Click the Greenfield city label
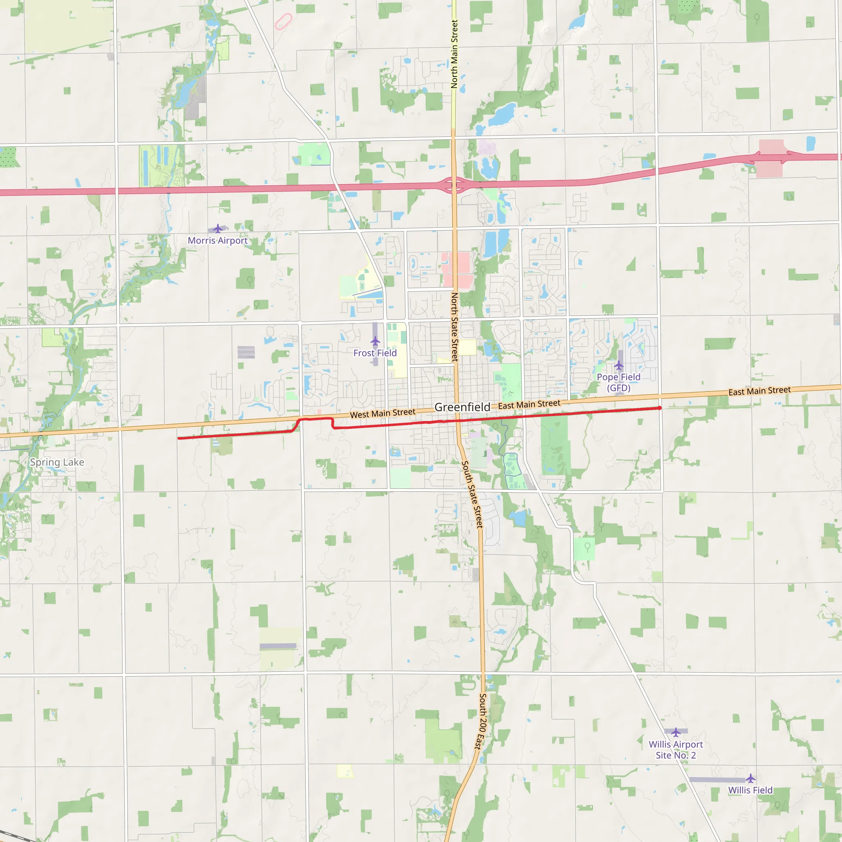[462, 407]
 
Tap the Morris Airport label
[217, 241]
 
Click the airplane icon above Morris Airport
[217, 228]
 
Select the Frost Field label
[375, 353]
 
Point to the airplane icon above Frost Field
[375, 341]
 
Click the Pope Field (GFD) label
[618, 382]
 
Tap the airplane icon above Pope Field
[618, 365]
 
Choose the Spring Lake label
[57, 462]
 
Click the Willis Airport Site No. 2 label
[675, 749]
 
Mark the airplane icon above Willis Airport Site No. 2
[675, 732]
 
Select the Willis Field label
[750, 790]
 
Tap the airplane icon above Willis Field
[750, 778]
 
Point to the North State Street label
[455, 327]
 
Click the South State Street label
[472, 494]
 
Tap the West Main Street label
[383, 413]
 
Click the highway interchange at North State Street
[454, 185]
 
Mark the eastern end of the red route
[660, 408]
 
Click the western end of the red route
[179, 438]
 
